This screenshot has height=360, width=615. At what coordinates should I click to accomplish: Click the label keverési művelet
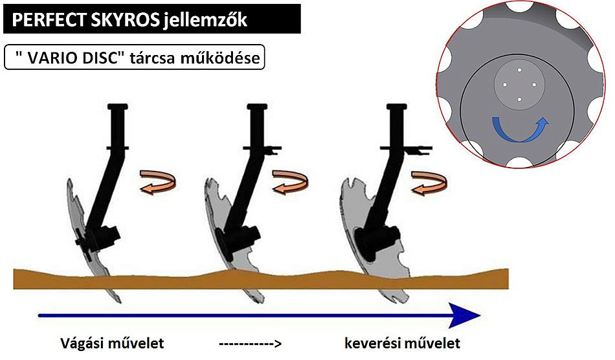coord(402,341)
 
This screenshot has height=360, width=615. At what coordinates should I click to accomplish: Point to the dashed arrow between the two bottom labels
coord(249,342)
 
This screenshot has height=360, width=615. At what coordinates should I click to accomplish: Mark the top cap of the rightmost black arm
coord(392,107)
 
